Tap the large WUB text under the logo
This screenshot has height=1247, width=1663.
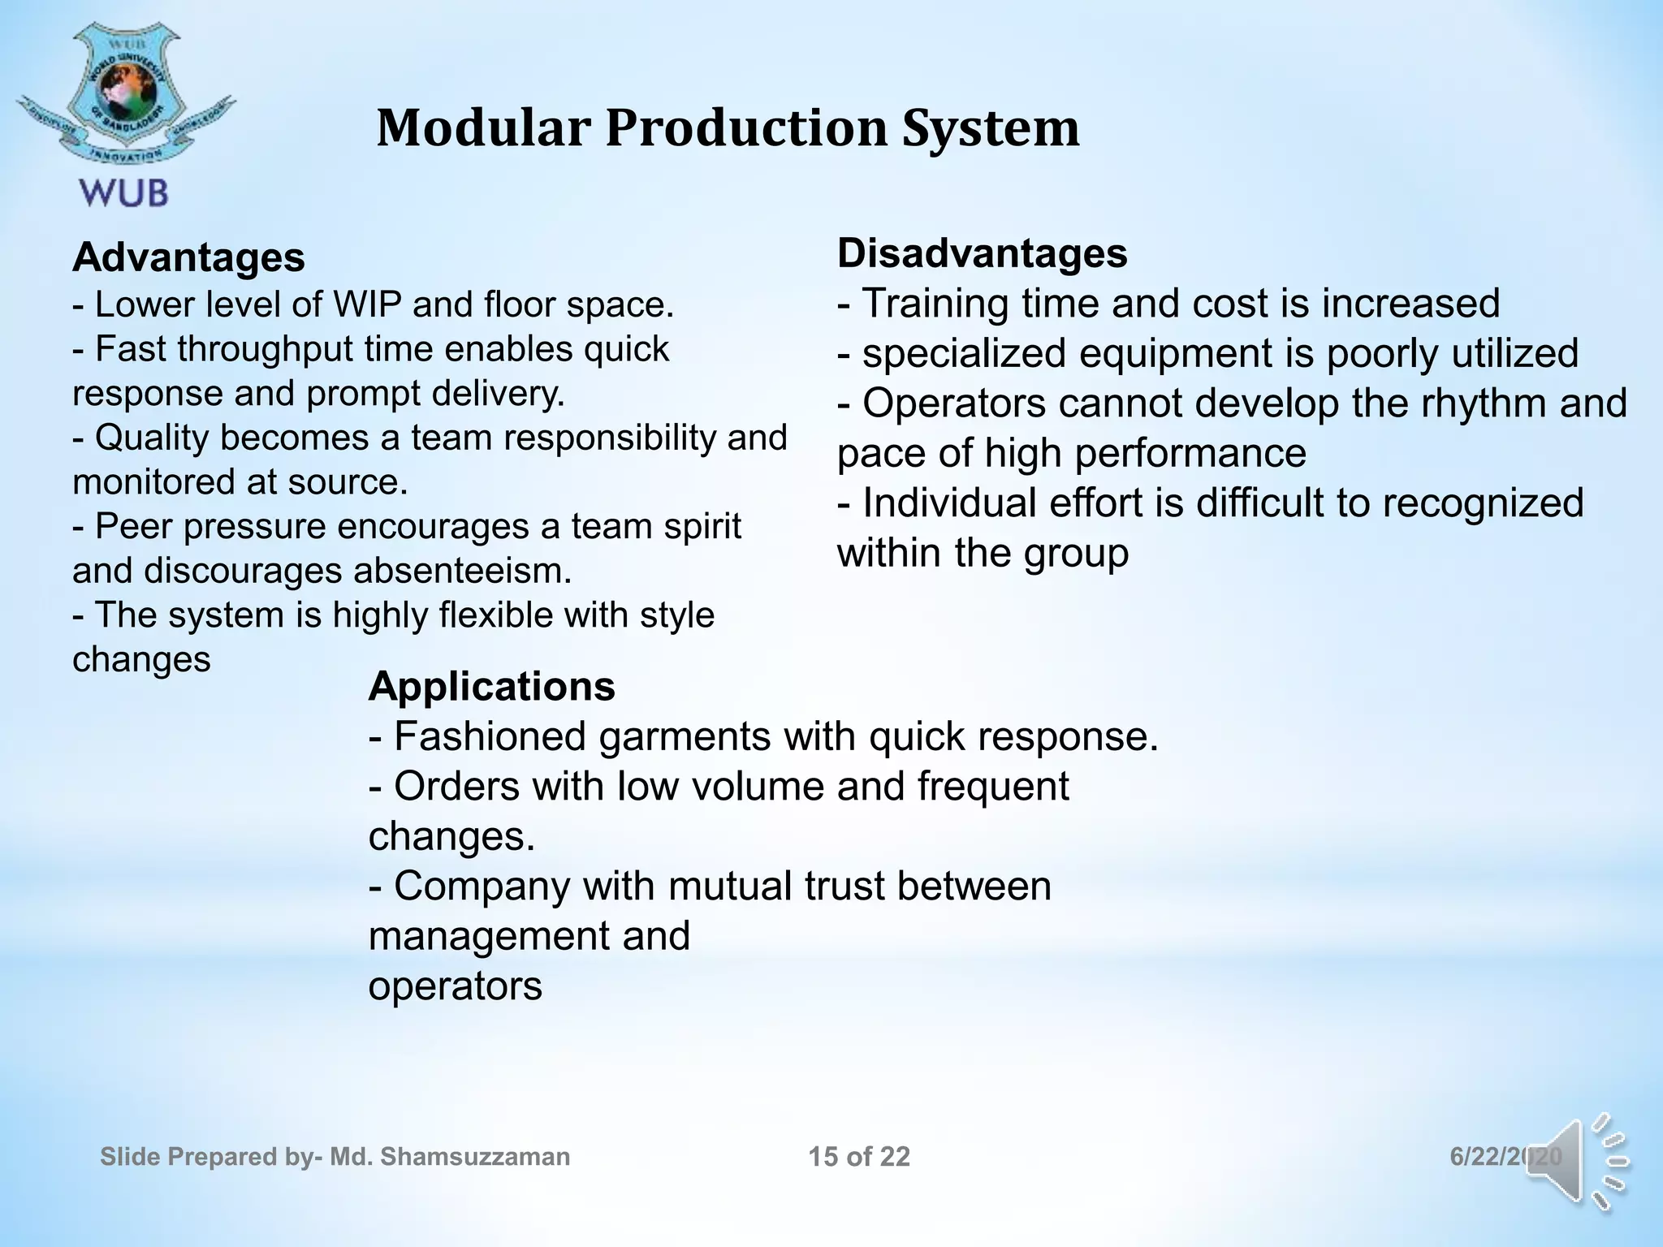(124, 192)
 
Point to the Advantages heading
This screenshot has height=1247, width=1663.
(188, 258)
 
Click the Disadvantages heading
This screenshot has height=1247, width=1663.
(982, 253)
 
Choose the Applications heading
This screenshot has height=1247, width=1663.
(491, 687)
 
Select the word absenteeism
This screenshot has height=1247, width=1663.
(463, 571)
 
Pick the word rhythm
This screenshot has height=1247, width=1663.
(1484, 403)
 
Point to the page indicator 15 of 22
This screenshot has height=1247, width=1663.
(859, 1157)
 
